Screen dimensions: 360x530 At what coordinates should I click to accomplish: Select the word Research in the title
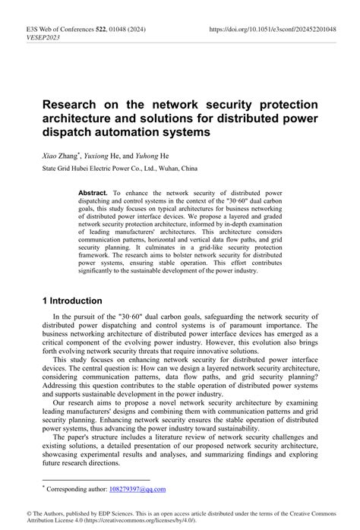click(x=73, y=103)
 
